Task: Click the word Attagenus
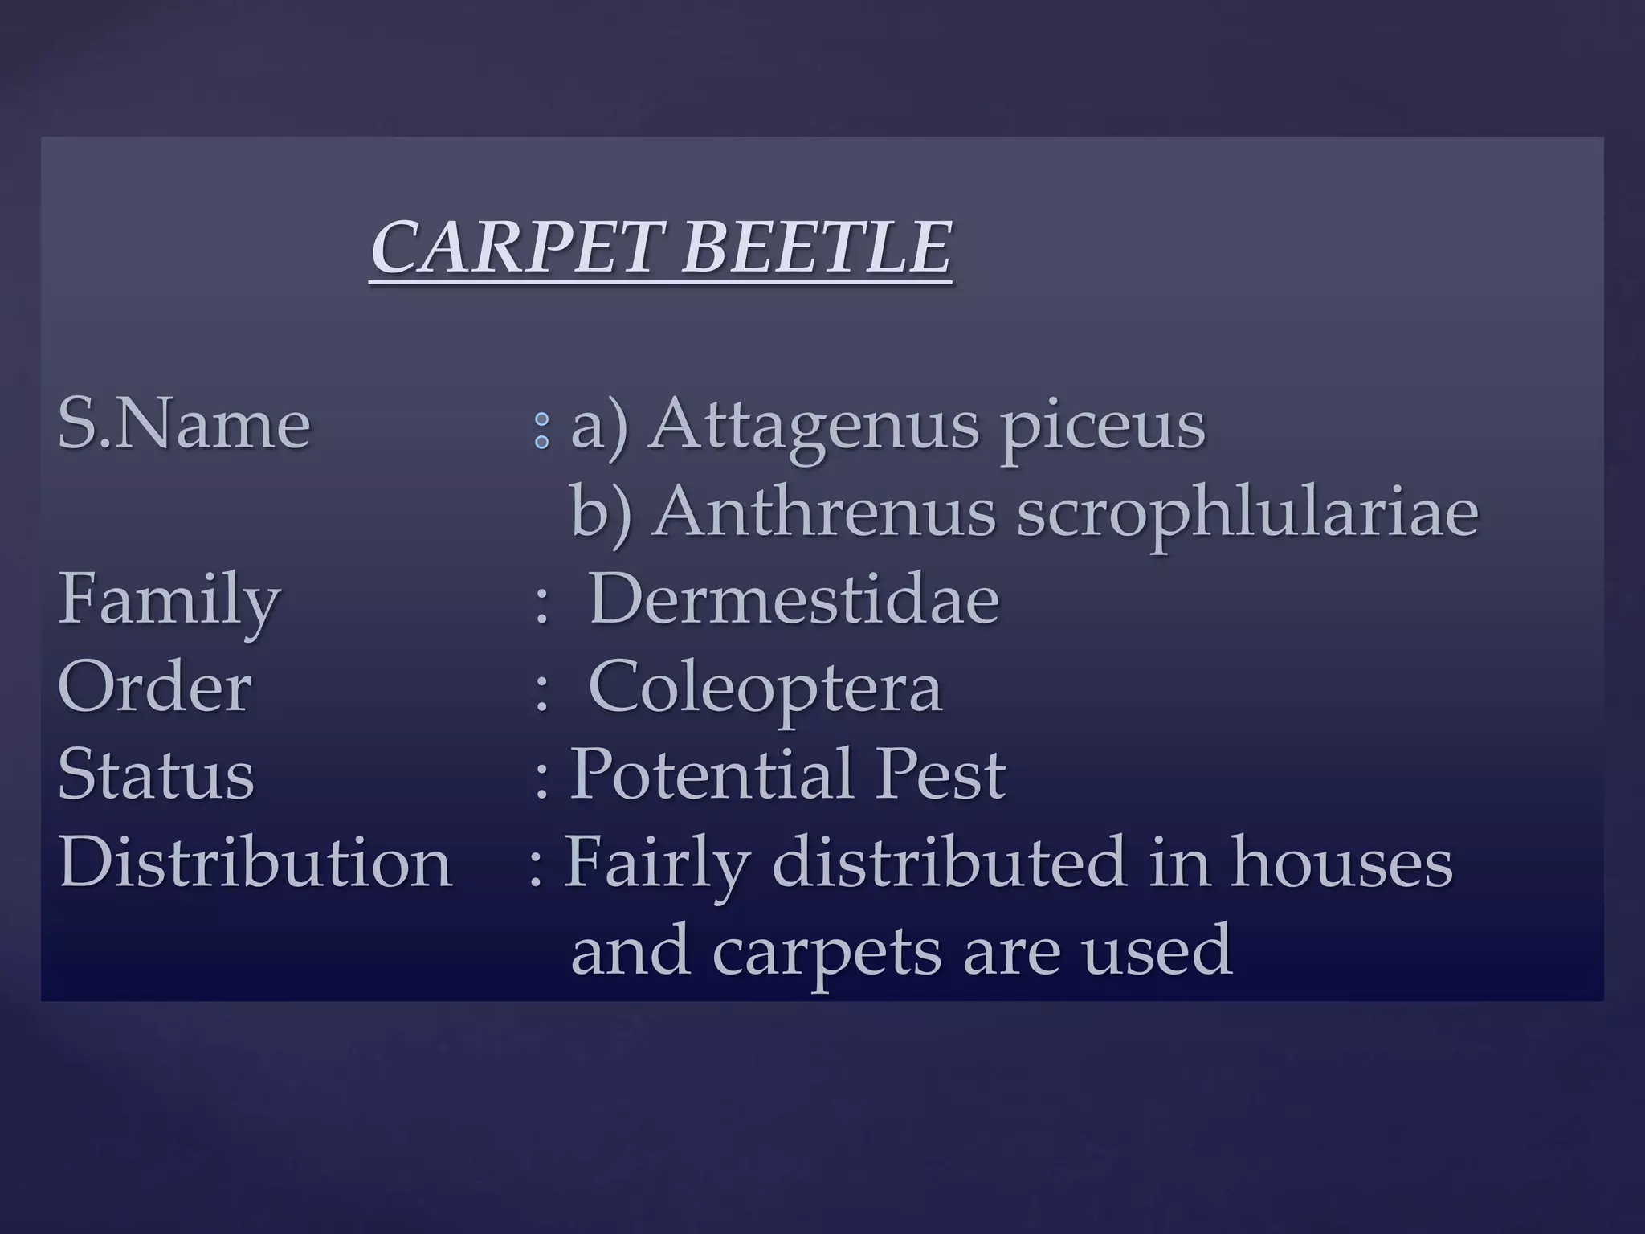tap(814, 426)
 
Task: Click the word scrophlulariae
tap(1247, 514)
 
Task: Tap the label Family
tap(169, 601)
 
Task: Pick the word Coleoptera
tap(765, 689)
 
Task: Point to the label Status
tap(157, 774)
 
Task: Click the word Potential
tap(710, 774)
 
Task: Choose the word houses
tap(1341, 862)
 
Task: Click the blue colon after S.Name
tap(542, 431)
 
